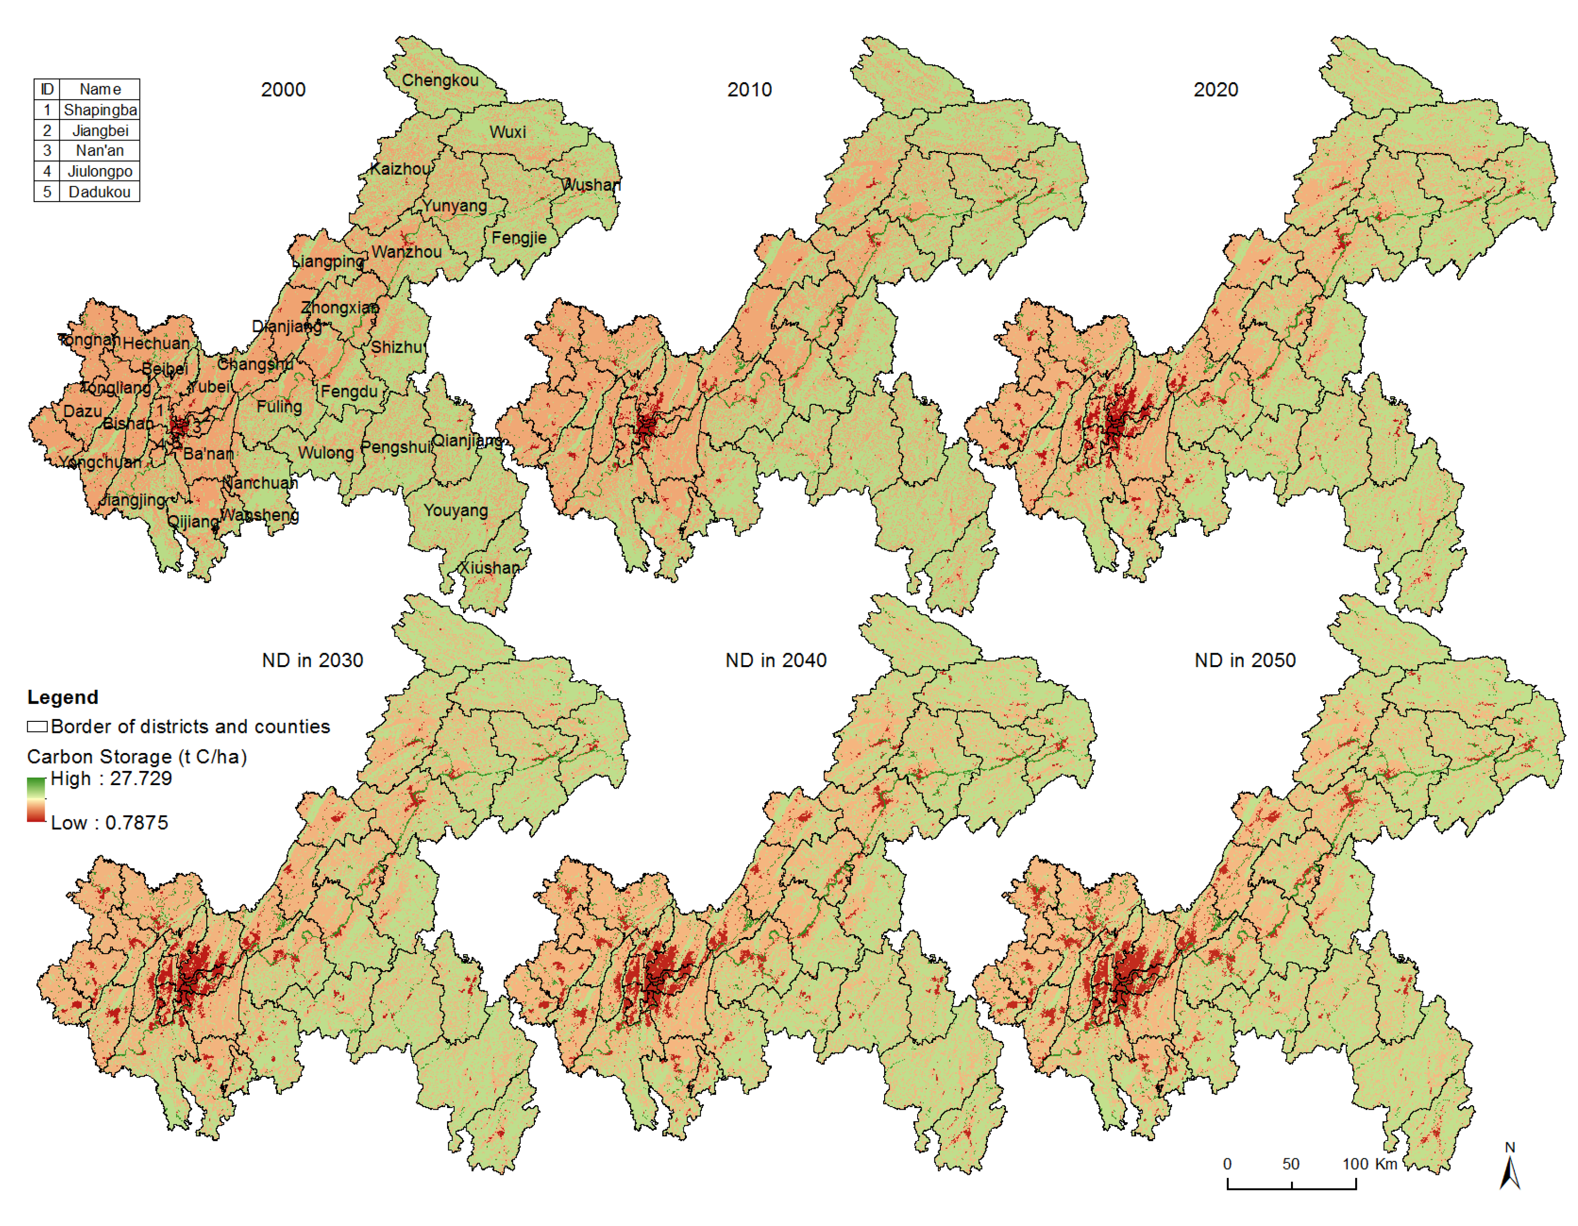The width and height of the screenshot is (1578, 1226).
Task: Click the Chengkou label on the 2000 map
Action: click(x=440, y=80)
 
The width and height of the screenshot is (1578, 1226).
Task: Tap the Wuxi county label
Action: click(x=507, y=132)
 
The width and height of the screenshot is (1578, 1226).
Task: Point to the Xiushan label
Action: click(x=489, y=568)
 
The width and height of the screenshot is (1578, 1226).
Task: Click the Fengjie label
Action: click(x=519, y=238)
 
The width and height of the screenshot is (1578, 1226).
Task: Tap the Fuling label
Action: click(x=279, y=407)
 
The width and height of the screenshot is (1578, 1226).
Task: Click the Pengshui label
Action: click(x=396, y=447)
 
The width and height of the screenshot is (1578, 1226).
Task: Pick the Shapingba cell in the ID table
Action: click(x=100, y=110)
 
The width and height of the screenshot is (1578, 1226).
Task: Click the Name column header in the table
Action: click(x=100, y=89)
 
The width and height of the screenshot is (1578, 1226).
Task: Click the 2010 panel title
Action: click(x=749, y=90)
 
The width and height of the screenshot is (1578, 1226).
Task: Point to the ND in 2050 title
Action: click(x=1244, y=660)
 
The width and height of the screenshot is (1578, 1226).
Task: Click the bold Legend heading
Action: click(x=62, y=697)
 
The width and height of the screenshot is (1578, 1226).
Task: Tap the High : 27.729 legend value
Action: click(x=111, y=779)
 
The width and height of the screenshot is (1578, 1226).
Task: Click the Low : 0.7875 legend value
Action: click(x=109, y=823)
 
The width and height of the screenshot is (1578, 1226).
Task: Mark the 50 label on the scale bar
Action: click(x=1290, y=1164)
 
